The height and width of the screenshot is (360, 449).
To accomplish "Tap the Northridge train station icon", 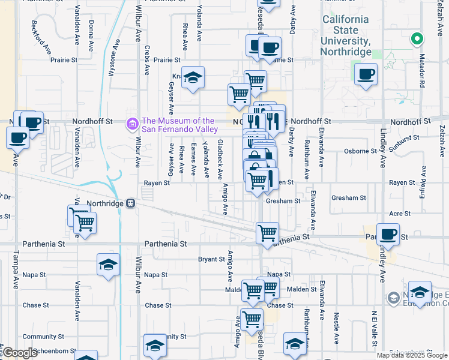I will (x=130, y=203).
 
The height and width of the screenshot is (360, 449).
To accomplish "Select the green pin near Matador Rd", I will (x=417, y=40).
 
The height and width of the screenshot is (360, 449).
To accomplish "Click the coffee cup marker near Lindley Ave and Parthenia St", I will (x=388, y=235).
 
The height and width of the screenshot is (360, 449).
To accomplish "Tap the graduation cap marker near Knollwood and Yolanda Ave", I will (x=193, y=78).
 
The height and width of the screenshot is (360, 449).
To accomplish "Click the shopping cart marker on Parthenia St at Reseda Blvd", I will (x=267, y=232).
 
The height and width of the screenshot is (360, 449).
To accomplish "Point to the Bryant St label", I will (x=211, y=259).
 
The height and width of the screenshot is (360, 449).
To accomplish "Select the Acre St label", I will (x=400, y=214).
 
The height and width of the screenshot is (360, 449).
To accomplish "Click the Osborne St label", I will (x=361, y=151).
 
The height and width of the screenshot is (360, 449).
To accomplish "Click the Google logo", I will (x=20, y=353).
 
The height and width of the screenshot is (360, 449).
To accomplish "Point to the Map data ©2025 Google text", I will (x=412, y=355).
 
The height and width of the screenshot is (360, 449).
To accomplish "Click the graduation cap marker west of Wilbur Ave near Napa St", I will (x=108, y=265).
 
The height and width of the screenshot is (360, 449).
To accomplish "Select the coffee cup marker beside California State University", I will (x=365, y=75).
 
